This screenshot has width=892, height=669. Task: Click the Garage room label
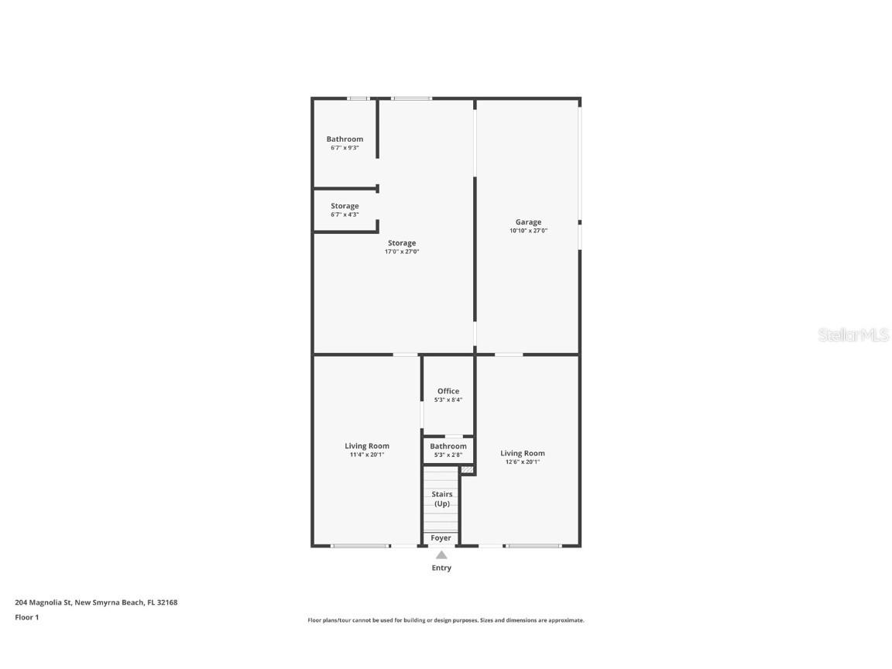click(x=528, y=222)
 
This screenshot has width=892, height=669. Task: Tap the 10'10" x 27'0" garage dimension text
click(x=528, y=231)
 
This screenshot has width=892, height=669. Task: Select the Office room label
click(x=448, y=391)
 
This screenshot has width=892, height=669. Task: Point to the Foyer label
click(x=441, y=538)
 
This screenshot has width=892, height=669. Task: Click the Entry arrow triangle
click(x=441, y=554)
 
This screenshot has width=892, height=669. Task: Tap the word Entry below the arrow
click(x=441, y=568)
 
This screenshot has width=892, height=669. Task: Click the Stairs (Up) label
click(x=441, y=499)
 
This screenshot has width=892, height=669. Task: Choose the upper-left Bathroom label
click(x=345, y=139)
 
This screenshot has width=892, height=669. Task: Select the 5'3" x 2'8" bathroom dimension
click(x=448, y=455)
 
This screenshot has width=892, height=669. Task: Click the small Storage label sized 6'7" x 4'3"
click(x=345, y=206)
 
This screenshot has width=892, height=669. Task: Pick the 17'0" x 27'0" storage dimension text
click(x=402, y=252)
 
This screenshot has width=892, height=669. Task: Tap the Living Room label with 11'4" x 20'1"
click(x=367, y=446)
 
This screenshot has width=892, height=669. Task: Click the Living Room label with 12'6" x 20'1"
click(x=522, y=454)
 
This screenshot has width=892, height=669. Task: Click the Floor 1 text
click(x=26, y=617)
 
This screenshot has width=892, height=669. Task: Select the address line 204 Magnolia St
click(x=96, y=602)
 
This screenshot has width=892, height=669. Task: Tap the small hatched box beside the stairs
click(x=467, y=469)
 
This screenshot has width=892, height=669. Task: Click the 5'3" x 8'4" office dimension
click(x=448, y=400)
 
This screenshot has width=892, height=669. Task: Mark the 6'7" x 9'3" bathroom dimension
click(x=345, y=148)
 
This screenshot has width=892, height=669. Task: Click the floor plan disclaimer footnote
click(x=446, y=620)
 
